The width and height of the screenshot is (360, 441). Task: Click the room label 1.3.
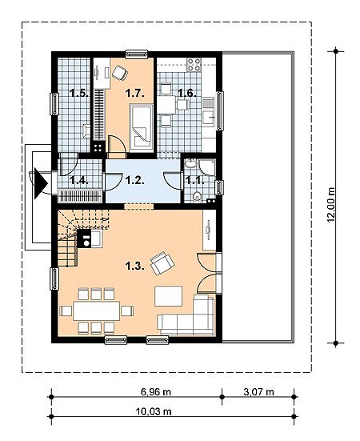(134, 266)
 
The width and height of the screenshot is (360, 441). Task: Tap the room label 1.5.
(79, 93)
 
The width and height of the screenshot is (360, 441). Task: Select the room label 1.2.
(134, 180)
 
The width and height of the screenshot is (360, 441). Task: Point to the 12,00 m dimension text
(332, 204)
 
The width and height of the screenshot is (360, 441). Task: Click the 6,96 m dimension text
(156, 392)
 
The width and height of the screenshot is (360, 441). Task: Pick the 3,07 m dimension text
(258, 392)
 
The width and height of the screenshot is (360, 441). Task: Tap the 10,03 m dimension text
(154, 411)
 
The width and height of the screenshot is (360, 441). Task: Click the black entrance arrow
(40, 183)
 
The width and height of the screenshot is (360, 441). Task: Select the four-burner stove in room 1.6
(194, 64)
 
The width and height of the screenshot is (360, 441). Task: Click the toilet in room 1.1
(198, 197)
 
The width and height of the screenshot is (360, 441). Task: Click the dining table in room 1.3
(96, 311)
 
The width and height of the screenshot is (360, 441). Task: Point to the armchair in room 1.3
(162, 263)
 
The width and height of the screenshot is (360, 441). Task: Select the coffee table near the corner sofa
(169, 296)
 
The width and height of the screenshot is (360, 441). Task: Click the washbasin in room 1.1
(191, 164)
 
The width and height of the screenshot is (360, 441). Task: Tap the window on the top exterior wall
(137, 54)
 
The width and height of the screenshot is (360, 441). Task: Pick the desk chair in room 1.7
(120, 72)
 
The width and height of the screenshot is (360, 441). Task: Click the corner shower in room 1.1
(207, 166)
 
